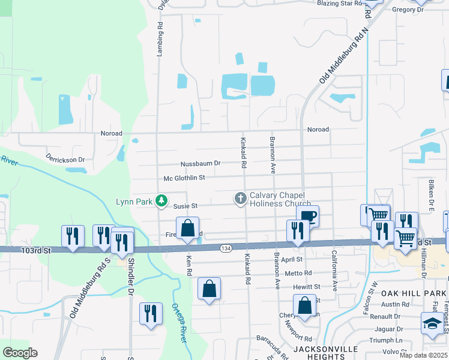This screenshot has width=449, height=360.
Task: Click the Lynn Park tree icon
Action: click(x=161, y=201)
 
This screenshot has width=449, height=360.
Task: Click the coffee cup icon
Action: click(x=307, y=215)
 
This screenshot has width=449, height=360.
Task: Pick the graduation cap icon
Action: click(x=432, y=324)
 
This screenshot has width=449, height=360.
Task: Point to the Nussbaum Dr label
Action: click(x=200, y=163)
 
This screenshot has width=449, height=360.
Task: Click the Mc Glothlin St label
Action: click(x=184, y=178)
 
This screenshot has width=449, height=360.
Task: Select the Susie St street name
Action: click(x=185, y=206)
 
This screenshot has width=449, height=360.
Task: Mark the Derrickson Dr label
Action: click(x=65, y=159)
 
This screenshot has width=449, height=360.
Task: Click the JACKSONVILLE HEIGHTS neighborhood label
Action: click(x=325, y=353)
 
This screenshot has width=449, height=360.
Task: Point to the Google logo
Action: click(x=20, y=353)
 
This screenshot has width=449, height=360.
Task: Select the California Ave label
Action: click(x=334, y=272)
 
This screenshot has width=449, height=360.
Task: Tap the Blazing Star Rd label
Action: click(x=340, y=3)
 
